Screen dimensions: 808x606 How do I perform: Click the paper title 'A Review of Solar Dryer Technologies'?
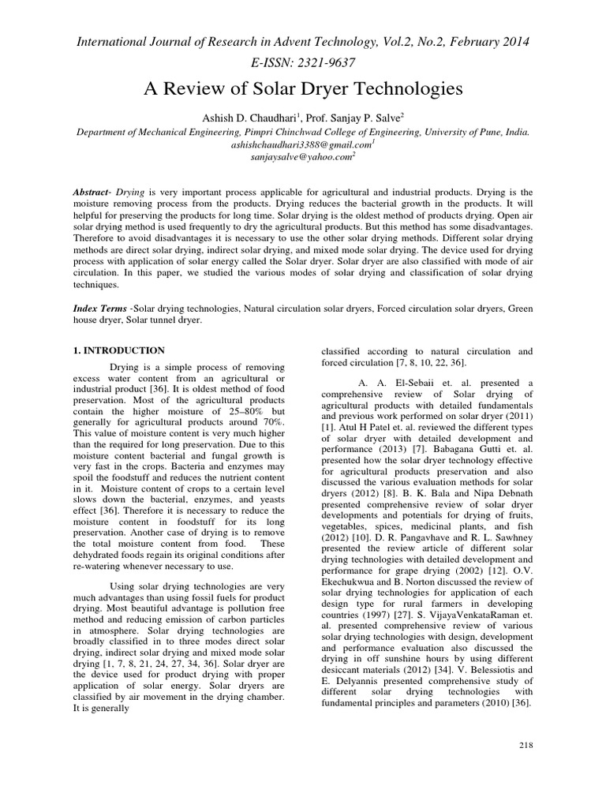click(302, 88)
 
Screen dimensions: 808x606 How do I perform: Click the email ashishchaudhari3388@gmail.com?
click(301, 145)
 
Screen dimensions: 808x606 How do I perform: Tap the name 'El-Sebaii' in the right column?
click(402, 383)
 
